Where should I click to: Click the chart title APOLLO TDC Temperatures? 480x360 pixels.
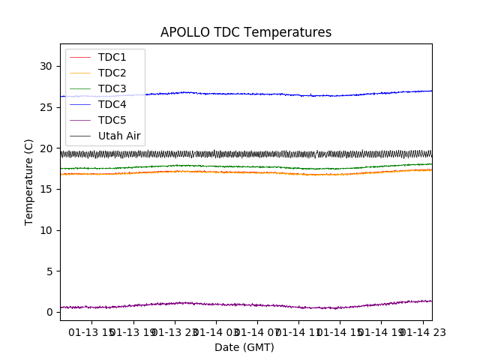pyautogui.click(x=246, y=32)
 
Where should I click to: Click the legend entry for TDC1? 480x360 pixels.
pyautogui.click(x=112, y=57)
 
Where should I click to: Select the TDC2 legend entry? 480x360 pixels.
pyautogui.click(x=112, y=73)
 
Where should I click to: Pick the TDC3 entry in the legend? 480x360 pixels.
pyautogui.click(x=112, y=88)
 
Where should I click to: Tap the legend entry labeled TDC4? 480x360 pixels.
pyautogui.click(x=112, y=104)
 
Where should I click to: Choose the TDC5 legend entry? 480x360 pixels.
pyautogui.click(x=112, y=120)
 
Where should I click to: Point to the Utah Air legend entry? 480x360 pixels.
pyautogui.click(x=119, y=136)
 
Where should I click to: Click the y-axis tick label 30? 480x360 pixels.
pyautogui.click(x=46, y=66)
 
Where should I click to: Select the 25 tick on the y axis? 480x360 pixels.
pyautogui.click(x=46, y=107)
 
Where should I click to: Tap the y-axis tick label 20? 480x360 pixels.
pyautogui.click(x=46, y=148)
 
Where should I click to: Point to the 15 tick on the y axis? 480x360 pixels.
pyautogui.click(x=46, y=189)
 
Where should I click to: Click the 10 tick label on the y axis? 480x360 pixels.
pyautogui.click(x=46, y=230)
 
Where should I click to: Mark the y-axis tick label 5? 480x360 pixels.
pyautogui.click(x=49, y=271)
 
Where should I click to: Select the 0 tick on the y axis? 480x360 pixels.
pyautogui.click(x=49, y=312)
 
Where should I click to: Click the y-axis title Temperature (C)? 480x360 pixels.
pyautogui.click(x=29, y=182)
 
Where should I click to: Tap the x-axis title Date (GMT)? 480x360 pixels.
pyautogui.click(x=244, y=347)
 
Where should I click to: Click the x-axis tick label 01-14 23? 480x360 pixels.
pyautogui.click(x=421, y=332)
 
